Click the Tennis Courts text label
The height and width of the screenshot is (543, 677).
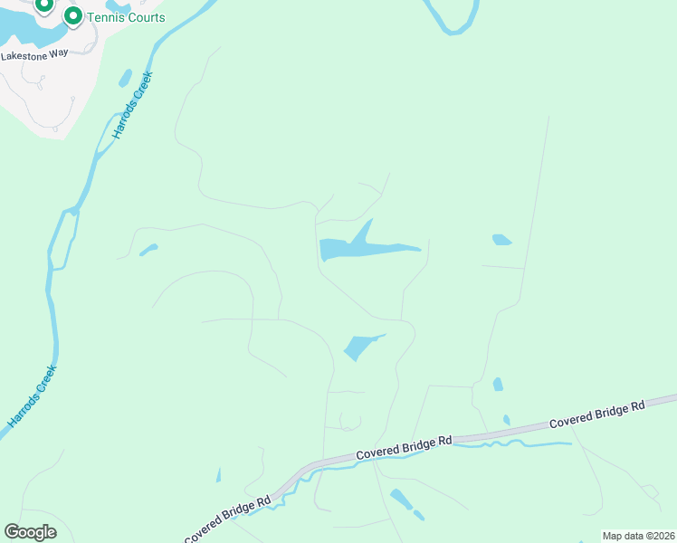(x=126, y=17)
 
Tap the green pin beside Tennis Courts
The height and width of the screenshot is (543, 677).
(x=72, y=16)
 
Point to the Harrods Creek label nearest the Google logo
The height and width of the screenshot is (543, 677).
(x=33, y=395)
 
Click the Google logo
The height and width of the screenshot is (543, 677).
(x=30, y=532)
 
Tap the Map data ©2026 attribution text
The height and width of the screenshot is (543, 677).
(x=638, y=536)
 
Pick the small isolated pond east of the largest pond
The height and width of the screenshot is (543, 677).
(x=501, y=240)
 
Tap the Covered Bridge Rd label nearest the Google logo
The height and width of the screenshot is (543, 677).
(x=226, y=519)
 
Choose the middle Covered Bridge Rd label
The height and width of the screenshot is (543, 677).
(x=404, y=447)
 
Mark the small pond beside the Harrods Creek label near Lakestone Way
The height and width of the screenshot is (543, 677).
(x=125, y=78)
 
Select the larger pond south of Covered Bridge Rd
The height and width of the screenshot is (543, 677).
(x=400, y=499)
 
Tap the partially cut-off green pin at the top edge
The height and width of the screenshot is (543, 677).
(x=43, y=5)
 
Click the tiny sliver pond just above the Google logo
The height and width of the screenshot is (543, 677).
(x=218, y=475)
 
